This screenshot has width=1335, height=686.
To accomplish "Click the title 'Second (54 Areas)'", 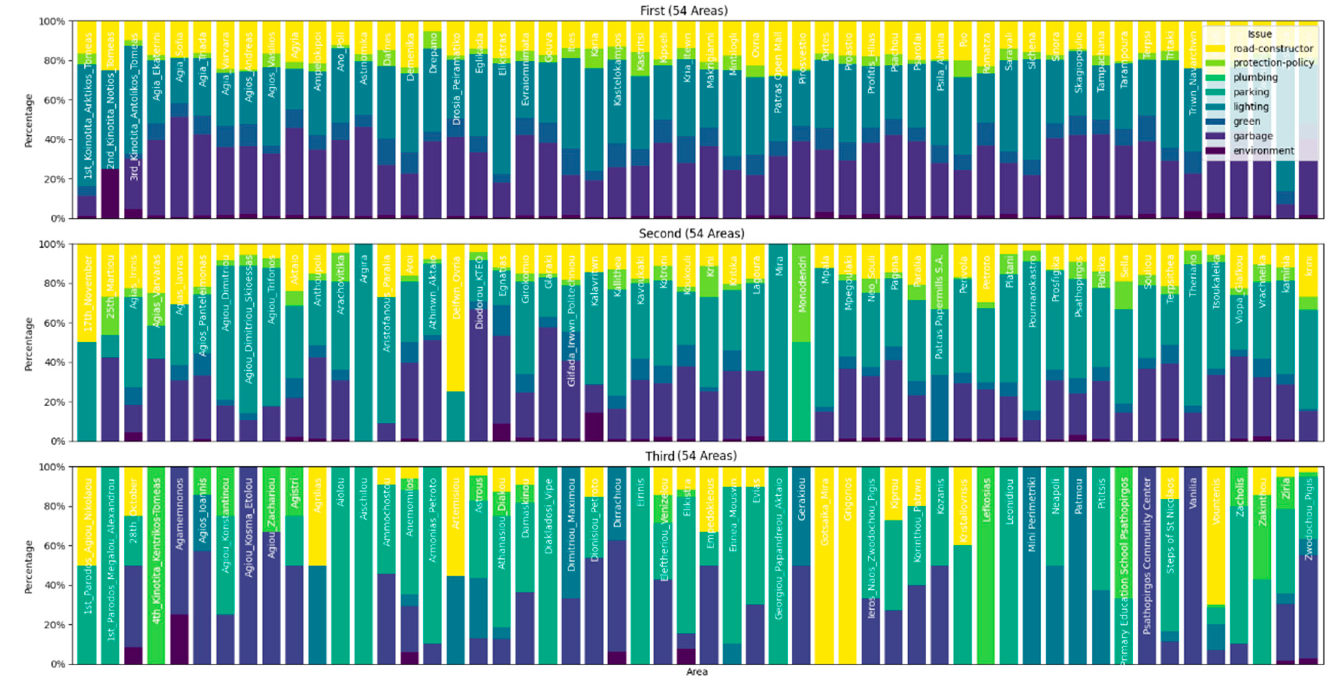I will click(x=691, y=233).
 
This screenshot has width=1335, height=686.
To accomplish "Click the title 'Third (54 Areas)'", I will click(x=691, y=456).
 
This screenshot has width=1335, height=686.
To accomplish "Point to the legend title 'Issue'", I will click(x=1259, y=34).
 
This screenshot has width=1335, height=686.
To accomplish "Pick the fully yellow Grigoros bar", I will click(x=847, y=565).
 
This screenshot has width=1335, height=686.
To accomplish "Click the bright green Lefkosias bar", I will click(x=985, y=565).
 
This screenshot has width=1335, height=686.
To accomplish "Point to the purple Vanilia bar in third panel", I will click(x=1193, y=565).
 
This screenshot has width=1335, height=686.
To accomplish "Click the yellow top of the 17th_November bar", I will click(x=87, y=293).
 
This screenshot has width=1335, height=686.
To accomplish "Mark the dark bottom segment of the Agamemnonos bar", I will click(x=179, y=639).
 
